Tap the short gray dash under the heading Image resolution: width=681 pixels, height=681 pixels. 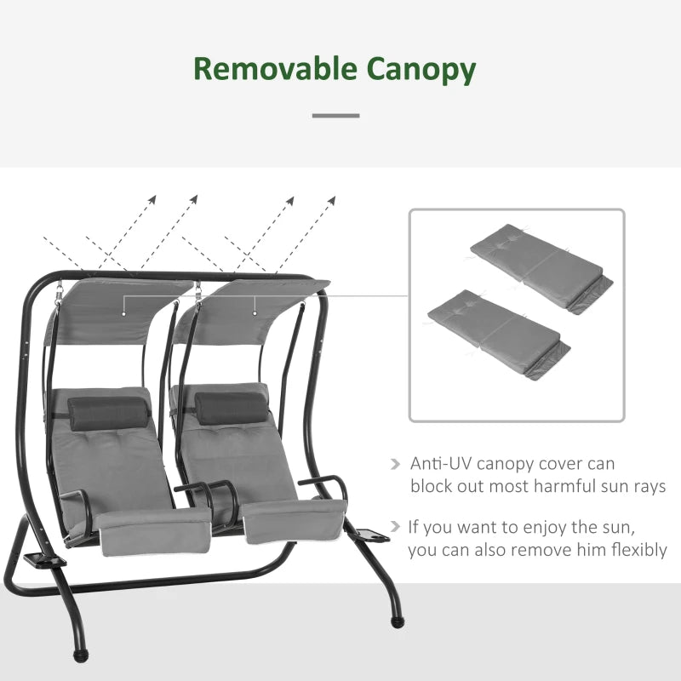click(x=335, y=115)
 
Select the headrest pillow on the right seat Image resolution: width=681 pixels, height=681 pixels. click(x=227, y=407)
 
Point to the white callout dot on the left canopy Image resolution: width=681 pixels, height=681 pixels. click(x=123, y=312)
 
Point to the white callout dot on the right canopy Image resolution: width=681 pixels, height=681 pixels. click(x=255, y=312)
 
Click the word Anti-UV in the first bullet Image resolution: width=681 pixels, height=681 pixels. click(x=440, y=465)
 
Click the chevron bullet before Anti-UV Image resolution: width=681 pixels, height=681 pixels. click(x=394, y=465)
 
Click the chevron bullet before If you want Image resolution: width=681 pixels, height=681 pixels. click(x=394, y=528)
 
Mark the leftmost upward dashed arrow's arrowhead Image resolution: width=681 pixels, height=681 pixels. click(x=152, y=199)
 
